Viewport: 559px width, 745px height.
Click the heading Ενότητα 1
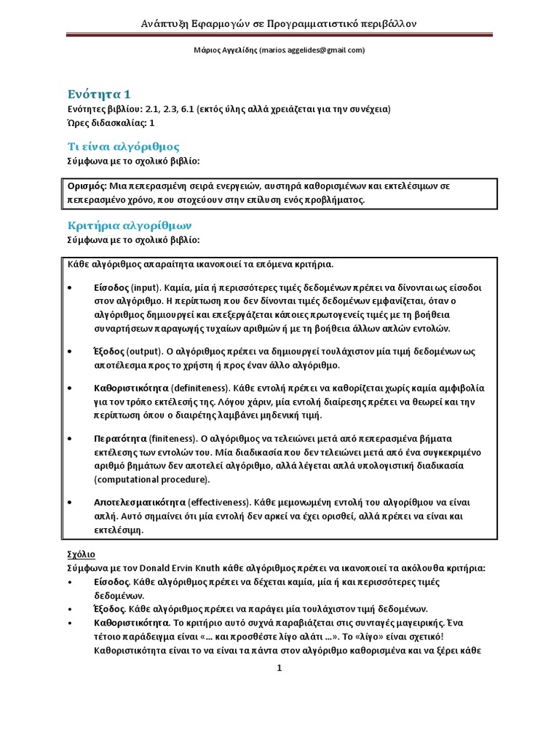pyautogui.click(x=100, y=94)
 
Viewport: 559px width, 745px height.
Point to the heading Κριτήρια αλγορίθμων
pyautogui.click(x=130, y=226)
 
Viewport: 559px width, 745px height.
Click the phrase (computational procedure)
pyautogui.click(x=151, y=479)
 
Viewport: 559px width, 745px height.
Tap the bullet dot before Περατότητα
pyautogui.click(x=69, y=439)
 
